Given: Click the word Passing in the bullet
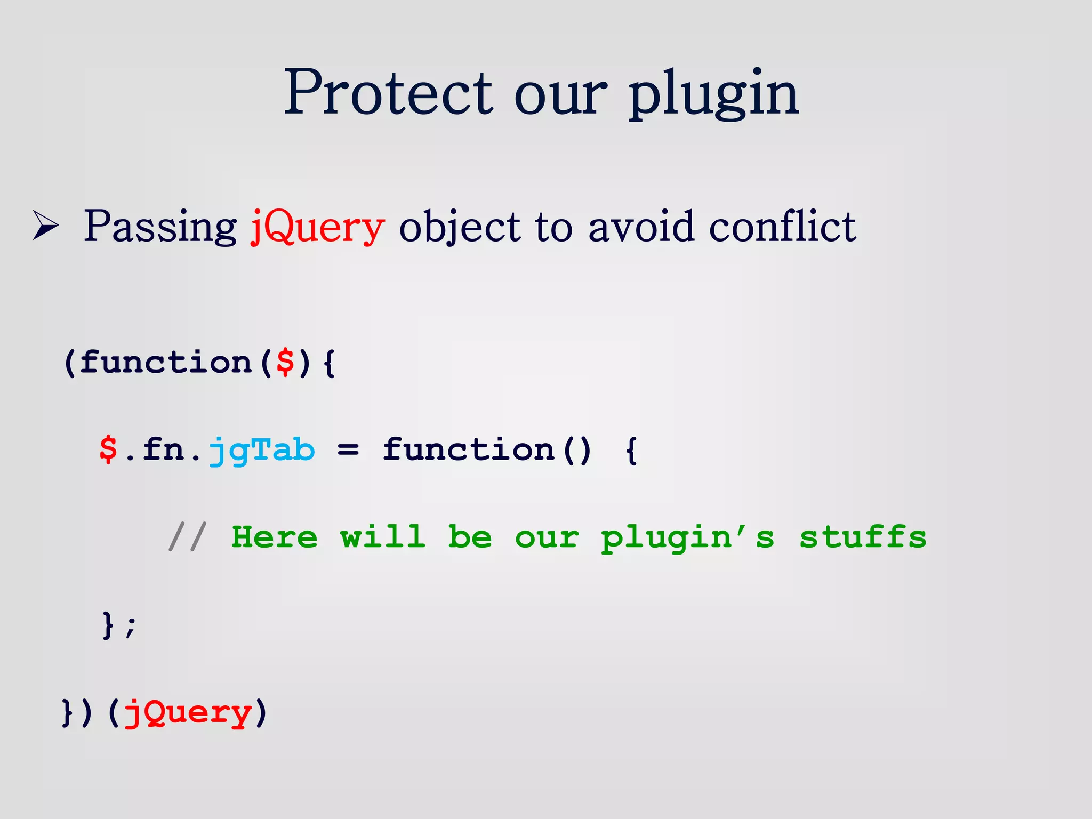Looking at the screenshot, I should [x=160, y=227].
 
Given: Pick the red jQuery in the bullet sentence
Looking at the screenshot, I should [x=317, y=227].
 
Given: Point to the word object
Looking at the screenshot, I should [x=459, y=227].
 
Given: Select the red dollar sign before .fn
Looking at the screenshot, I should [x=108, y=449].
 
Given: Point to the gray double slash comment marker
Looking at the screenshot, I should [x=187, y=536].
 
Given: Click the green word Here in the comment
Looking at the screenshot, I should [x=275, y=536].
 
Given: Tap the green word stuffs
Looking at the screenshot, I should [x=863, y=536].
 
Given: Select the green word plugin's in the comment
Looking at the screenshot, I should [x=687, y=537].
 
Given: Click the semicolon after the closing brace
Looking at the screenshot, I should [x=131, y=625].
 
